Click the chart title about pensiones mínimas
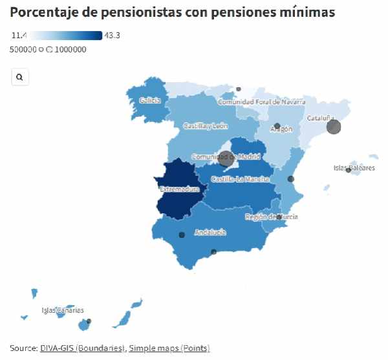pyautogui.click(x=173, y=12)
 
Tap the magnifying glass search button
pyautogui.click(x=20, y=77)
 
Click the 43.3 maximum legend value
pyautogui.click(x=112, y=36)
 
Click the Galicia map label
pyautogui.click(x=150, y=100)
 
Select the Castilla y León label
pyautogui.click(x=206, y=125)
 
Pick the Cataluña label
pyautogui.click(x=321, y=118)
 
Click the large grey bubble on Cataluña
pyautogui.click(x=334, y=127)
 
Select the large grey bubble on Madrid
pyautogui.click(x=226, y=156)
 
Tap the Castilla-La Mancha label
pyautogui.click(x=240, y=178)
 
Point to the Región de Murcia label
pyautogui.click(x=272, y=217)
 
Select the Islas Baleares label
pyautogui.click(x=354, y=168)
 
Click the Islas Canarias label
pyautogui.click(x=63, y=310)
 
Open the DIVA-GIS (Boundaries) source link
pyautogui.click(x=82, y=348)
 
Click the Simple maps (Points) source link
pyautogui.click(x=169, y=348)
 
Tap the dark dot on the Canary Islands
pyautogui.click(x=89, y=321)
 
